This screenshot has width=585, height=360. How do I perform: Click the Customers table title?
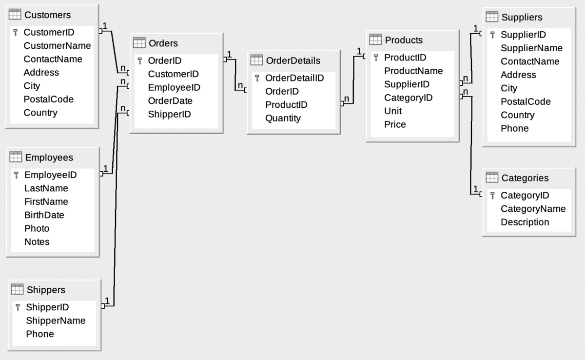47,15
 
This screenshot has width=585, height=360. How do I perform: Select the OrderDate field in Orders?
170,101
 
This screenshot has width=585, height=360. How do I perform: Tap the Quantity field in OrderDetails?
283,118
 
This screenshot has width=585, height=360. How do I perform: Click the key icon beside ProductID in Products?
376,58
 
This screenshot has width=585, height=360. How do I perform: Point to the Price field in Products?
395,124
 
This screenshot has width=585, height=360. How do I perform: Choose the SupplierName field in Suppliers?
531,48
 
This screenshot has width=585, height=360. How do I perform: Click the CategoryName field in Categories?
533,209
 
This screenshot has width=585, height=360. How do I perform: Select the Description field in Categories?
525,222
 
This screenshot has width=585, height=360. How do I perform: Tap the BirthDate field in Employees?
44,215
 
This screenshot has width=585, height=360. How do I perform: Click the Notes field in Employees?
37,242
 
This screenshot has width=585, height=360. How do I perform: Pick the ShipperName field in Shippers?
56,320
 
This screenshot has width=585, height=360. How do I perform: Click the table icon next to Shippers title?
17,289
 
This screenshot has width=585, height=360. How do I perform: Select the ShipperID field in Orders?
169,114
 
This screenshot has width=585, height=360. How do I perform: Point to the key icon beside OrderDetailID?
257,78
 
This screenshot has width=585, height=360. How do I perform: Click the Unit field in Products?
393,111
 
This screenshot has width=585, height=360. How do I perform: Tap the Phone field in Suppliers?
514,128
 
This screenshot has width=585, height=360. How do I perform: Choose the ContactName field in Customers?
53,59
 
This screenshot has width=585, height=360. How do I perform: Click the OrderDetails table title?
293,60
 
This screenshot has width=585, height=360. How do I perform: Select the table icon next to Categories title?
492,178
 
